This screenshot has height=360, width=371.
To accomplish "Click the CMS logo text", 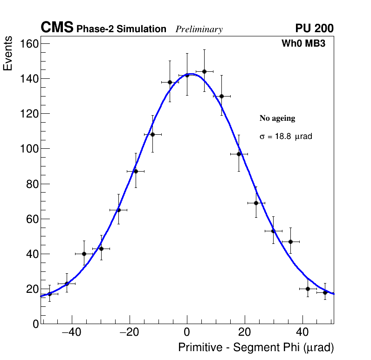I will pyautogui.click(x=57, y=28).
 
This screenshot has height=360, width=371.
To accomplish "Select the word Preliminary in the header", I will pyautogui.click(x=199, y=29).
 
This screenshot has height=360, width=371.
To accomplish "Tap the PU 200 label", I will pyautogui.click(x=314, y=28).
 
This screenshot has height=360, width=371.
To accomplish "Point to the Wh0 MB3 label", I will pyautogui.click(x=303, y=43).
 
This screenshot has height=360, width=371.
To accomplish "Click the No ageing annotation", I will pyautogui.click(x=277, y=118).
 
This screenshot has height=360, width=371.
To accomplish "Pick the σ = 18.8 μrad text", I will pyautogui.click(x=286, y=137).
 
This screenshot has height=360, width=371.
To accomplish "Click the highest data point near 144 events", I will pyautogui.click(x=204, y=71).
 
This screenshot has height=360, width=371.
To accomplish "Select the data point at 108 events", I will pyautogui.click(x=152, y=134).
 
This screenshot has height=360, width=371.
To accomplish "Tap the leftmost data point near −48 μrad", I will pyautogui.click(x=49, y=294).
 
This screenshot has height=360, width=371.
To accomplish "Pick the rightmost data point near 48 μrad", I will pyautogui.click(x=325, y=292).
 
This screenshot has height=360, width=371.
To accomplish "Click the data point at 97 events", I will pyautogui.click(x=239, y=154).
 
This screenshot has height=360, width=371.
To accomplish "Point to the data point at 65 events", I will pyautogui.click(x=118, y=210).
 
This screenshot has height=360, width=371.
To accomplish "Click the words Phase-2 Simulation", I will pyautogui.click(x=121, y=29).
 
